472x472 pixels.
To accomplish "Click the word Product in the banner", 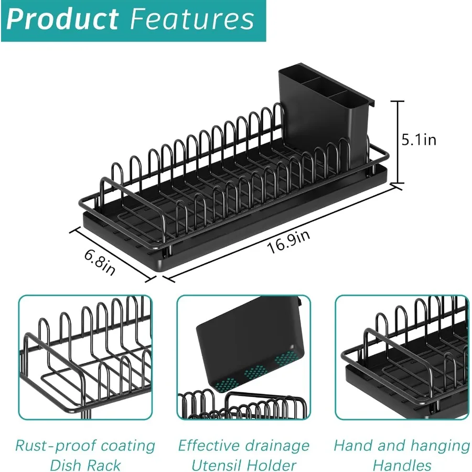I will (63, 19).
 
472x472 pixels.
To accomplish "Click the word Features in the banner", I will (191, 19).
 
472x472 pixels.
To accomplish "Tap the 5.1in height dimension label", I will (418, 140).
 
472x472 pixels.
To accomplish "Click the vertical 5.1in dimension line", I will (398, 142).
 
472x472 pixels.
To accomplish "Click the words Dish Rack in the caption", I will (85, 465).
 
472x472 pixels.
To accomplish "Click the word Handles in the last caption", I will (402, 465).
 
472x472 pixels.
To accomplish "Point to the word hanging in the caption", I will (439, 446).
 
